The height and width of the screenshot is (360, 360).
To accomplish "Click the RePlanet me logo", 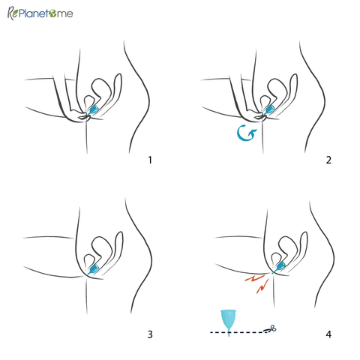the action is point(40,13).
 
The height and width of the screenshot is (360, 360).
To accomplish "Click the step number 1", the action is point(150,160).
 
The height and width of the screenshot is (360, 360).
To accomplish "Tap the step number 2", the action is point(328,160).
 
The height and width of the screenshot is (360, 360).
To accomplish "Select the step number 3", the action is point(150,334).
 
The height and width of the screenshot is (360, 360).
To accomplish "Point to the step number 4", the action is point(328,334).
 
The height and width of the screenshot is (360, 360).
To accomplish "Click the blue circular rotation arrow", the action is point(246,133).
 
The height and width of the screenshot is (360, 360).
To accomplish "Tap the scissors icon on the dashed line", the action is point(271,328).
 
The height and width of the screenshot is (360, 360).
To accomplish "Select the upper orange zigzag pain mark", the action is point(254,277).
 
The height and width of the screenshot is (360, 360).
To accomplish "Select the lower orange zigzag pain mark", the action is point(262,286).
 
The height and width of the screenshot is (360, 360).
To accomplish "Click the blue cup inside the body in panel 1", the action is point(94,110).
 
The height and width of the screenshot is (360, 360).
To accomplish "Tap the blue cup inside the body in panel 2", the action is point(269,110).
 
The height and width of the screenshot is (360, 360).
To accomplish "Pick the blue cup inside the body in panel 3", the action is point(94,269).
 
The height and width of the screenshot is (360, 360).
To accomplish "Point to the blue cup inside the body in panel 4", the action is point(280,266).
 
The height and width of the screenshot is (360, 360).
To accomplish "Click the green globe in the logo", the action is point(52,14).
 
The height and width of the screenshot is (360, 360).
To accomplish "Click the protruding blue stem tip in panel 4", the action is point(273,272).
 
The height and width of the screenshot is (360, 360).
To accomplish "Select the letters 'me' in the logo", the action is point(65,14).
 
